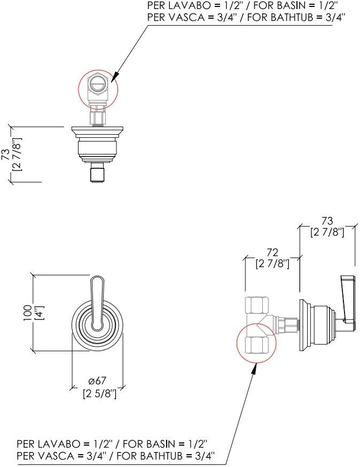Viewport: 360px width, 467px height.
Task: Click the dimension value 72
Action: pos(272,253)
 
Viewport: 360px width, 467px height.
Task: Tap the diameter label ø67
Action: pos(97,380)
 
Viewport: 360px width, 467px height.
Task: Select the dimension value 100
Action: pos(28,313)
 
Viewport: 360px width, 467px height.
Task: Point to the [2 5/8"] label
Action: pos(99,394)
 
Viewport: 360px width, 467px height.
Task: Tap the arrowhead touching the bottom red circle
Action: pos(254,369)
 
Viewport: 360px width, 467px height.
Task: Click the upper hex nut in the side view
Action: pos(256,305)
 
